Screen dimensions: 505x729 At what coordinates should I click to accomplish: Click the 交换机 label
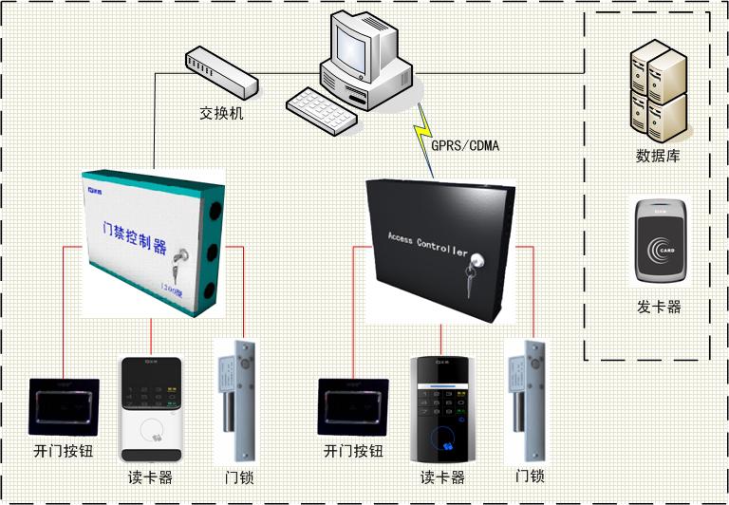point(221,113)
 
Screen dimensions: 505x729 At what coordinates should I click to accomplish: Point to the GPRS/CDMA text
point(465,145)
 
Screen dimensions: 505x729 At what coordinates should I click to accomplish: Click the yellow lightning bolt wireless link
point(422,133)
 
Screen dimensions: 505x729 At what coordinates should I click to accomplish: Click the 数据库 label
point(658,156)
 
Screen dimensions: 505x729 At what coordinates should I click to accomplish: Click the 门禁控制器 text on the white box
point(133,237)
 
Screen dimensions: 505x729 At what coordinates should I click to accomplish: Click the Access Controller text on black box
point(427,245)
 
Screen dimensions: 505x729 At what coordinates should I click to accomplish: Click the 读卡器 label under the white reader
point(150,477)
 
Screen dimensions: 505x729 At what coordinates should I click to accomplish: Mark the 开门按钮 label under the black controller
point(353,451)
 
